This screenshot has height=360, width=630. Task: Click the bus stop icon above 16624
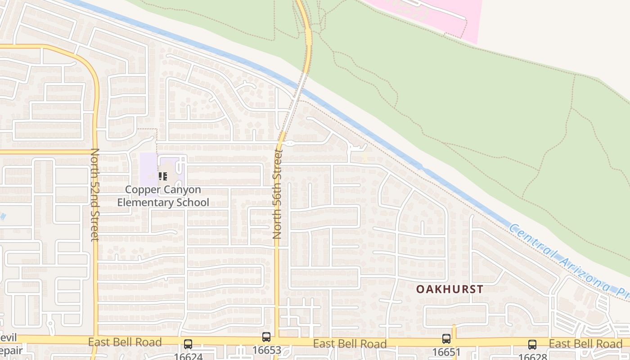point(188,344)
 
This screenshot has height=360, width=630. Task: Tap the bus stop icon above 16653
point(266,337)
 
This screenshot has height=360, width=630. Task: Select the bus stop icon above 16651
point(446,339)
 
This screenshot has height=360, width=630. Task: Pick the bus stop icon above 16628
point(532,345)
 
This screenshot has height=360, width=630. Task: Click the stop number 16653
point(266,350)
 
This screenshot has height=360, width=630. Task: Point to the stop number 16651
point(446,352)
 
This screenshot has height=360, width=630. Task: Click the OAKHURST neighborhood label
point(450,289)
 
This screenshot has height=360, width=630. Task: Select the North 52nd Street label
point(94,194)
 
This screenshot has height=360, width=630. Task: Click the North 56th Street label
point(277,194)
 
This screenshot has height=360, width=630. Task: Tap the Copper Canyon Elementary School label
point(163,196)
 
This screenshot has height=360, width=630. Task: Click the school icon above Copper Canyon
point(163,176)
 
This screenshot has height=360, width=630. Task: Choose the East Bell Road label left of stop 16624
point(125,342)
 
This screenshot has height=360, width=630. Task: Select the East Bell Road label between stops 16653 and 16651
point(350,344)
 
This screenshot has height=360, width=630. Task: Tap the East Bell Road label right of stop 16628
point(585,344)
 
